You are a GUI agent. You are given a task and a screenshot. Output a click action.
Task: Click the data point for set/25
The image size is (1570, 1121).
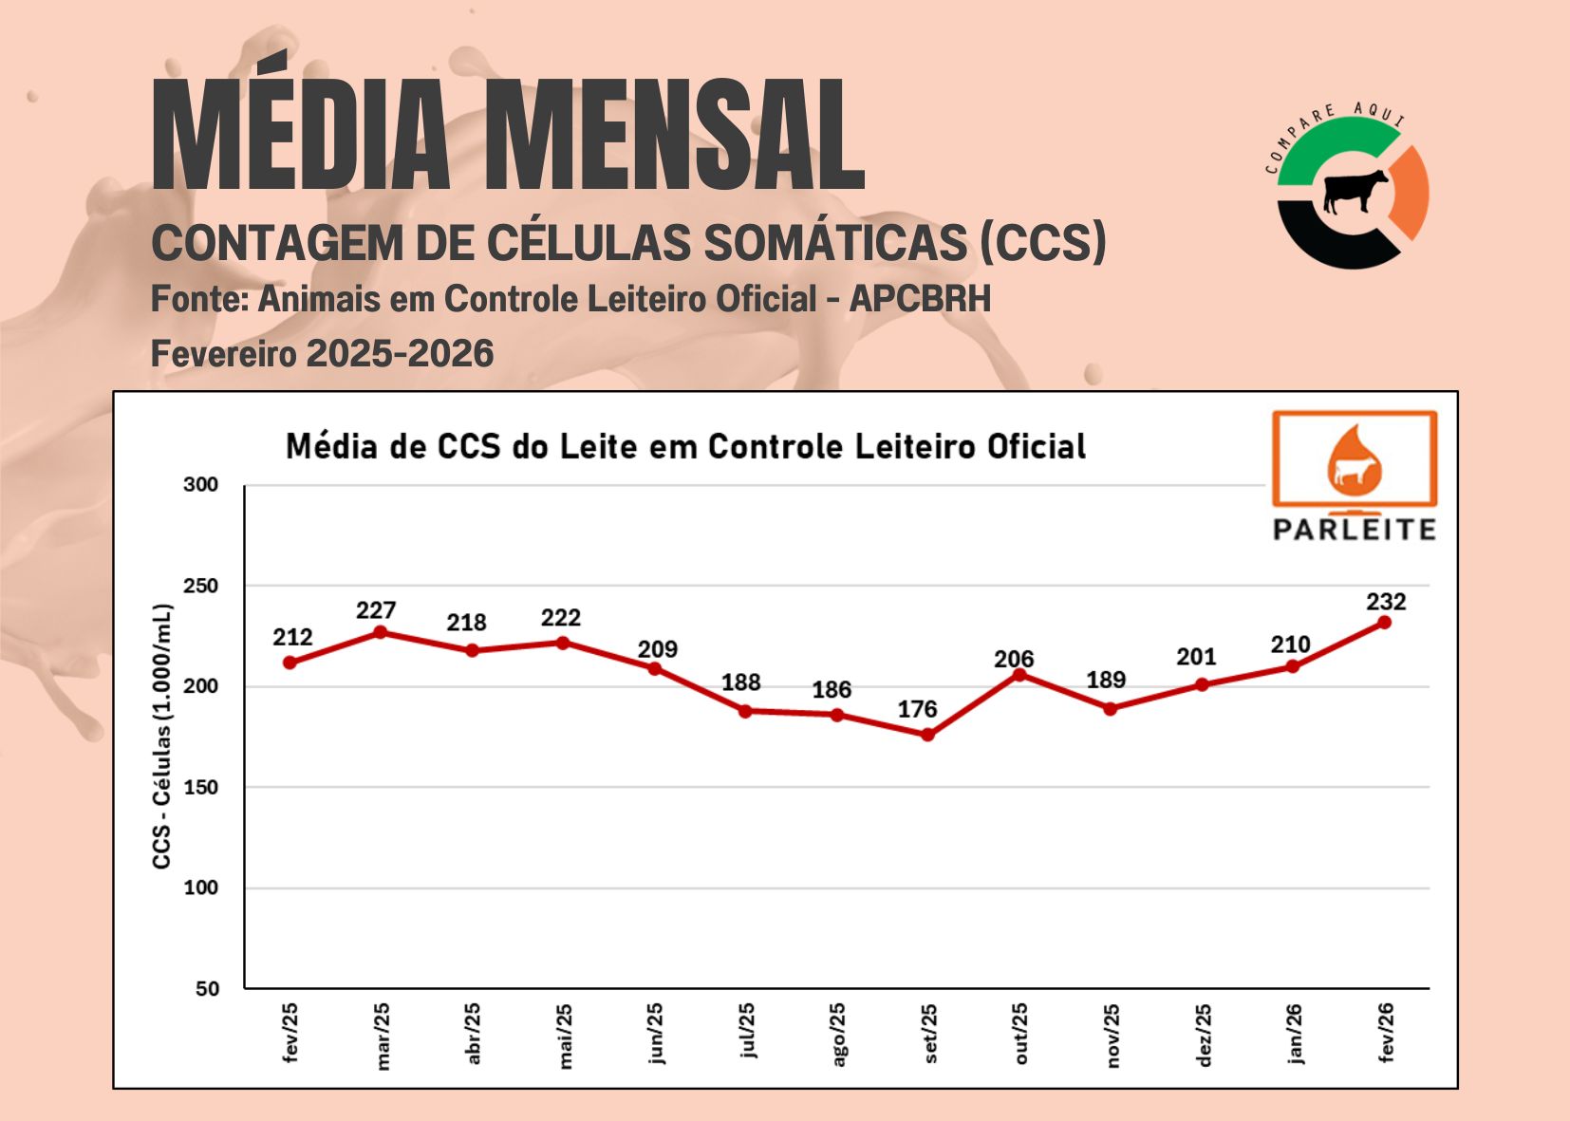(x=927, y=735)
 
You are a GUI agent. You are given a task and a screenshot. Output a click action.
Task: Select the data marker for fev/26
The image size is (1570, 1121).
(x=1384, y=623)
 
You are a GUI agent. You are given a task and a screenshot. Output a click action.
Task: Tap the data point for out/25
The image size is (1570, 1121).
(x=1019, y=675)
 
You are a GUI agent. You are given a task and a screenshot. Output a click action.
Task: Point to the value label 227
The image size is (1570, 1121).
(x=376, y=610)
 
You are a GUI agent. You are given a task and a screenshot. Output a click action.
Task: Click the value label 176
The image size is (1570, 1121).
(x=917, y=709)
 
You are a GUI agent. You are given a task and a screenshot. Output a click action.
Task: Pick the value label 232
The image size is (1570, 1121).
(x=1386, y=602)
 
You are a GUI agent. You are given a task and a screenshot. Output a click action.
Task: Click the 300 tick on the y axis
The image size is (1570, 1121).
(x=200, y=485)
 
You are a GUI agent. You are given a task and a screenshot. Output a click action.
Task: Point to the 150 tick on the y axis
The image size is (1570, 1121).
(x=200, y=787)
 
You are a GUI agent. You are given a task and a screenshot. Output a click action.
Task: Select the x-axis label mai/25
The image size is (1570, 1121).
(x=565, y=1037)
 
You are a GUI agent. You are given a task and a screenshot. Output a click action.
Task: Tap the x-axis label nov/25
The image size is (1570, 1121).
(x=1112, y=1037)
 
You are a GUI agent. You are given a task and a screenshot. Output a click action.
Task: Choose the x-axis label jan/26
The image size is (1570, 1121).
(x=1295, y=1035)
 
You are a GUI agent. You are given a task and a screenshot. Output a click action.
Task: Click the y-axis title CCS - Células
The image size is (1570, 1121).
(x=162, y=736)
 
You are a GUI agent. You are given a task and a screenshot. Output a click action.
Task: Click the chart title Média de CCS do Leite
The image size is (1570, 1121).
(x=685, y=446)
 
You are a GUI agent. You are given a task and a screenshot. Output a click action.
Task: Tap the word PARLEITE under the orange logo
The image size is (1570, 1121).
(x=1355, y=530)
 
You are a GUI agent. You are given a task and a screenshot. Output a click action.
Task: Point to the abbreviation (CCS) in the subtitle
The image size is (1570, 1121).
(x=1043, y=242)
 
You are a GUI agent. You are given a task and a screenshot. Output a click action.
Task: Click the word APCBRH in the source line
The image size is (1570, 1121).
(x=920, y=299)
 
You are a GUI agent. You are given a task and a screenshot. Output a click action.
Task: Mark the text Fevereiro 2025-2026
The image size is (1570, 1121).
(x=322, y=354)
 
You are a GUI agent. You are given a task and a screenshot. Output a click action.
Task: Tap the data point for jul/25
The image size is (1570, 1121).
(x=745, y=711)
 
